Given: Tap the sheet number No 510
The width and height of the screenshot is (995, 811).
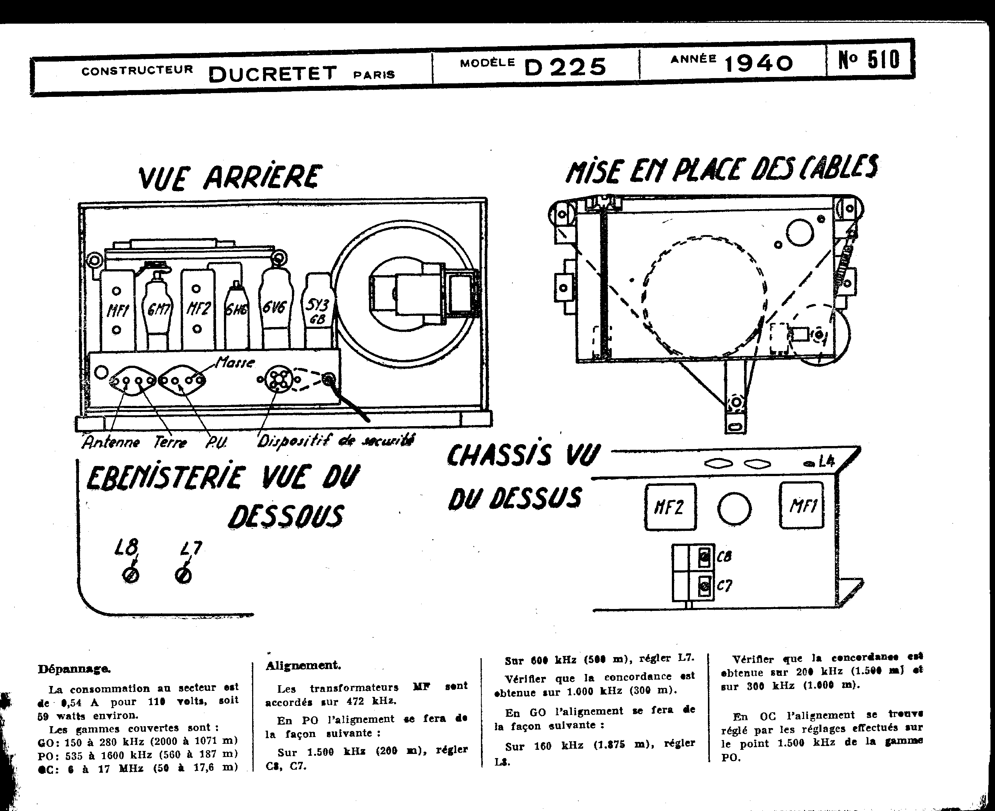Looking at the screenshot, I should pyautogui.click(x=869, y=60).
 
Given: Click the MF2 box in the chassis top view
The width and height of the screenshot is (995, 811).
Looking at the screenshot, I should pyautogui.click(x=670, y=507).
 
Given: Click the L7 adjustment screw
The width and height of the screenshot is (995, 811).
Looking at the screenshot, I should pyautogui.click(x=183, y=576).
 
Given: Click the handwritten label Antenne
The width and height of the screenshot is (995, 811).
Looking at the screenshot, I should pyautogui.click(x=111, y=442).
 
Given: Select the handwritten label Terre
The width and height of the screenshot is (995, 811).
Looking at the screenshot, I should pyautogui.click(x=170, y=442).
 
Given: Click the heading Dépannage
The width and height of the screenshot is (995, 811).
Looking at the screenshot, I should pyautogui.click(x=74, y=669).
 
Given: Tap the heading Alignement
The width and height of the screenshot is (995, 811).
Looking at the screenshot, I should pyautogui.click(x=303, y=665).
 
